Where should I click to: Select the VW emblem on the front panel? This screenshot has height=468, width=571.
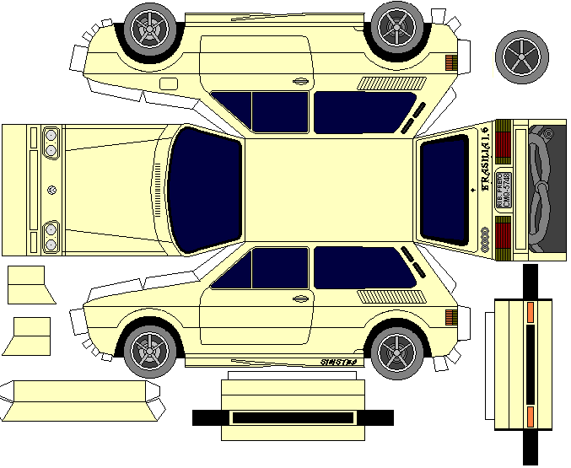click(x=53, y=189)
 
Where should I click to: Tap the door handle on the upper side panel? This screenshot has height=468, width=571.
click(x=299, y=81)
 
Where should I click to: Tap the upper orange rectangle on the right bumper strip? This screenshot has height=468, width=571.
click(x=530, y=312)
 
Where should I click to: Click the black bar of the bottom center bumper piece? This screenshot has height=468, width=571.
click(x=292, y=417)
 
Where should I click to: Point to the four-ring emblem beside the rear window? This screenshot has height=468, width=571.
click(x=486, y=239)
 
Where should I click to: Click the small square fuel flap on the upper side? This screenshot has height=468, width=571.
click(x=168, y=84)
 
